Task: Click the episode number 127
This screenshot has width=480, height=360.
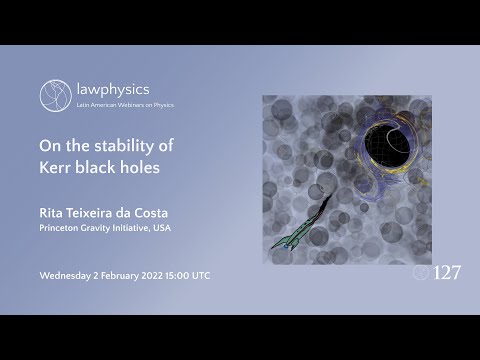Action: (447, 272)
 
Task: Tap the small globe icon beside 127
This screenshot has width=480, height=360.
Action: (421, 272)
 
